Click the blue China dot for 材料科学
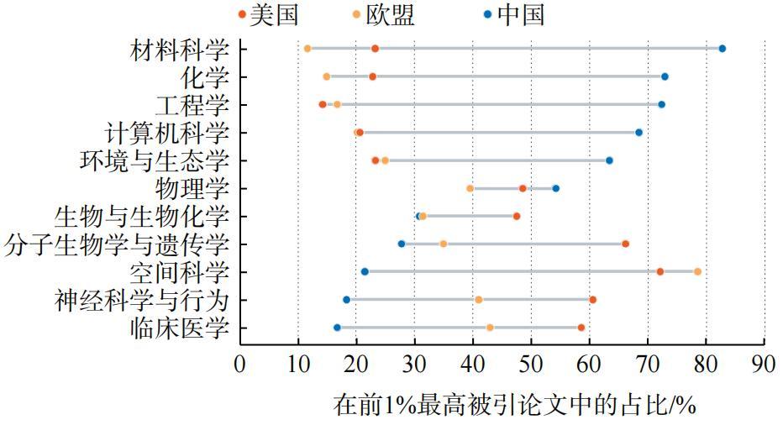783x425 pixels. click(x=722, y=49)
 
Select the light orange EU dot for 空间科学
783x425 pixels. click(x=697, y=271)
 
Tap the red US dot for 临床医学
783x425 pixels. click(x=581, y=328)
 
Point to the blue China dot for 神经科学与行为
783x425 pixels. click(x=346, y=300)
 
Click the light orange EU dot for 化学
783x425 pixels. click(x=327, y=76)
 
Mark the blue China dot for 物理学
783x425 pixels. click(x=555, y=188)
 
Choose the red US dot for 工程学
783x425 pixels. click(x=323, y=104)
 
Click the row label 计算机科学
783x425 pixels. click(x=166, y=133)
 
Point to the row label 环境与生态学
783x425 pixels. click(x=154, y=160)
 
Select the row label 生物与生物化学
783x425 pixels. click(x=141, y=217)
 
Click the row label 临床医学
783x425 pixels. click(x=180, y=328)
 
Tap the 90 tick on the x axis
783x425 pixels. click(x=764, y=365)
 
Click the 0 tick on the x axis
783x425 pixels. click(x=240, y=365)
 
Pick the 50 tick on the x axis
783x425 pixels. click(x=531, y=365)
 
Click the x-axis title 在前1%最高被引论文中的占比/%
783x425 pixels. click(x=515, y=405)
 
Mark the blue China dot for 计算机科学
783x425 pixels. click(x=638, y=132)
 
